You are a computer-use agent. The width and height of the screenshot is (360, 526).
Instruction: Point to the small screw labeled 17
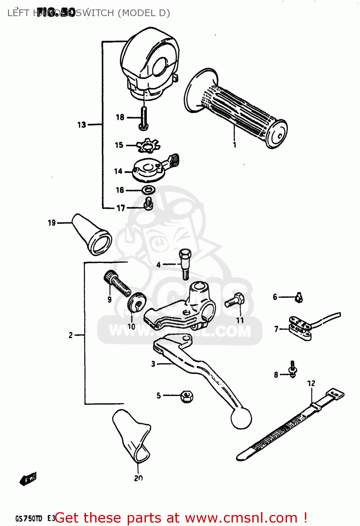[x=149, y=203]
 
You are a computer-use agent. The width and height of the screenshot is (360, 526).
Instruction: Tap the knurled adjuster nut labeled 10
[x=136, y=302]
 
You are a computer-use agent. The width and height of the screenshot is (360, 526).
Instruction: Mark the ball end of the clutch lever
[x=241, y=418]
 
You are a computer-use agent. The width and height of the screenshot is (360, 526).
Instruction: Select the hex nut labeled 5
[x=187, y=397]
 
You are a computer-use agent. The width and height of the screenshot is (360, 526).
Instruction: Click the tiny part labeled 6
[x=299, y=298]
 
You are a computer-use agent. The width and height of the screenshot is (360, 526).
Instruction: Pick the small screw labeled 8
[x=292, y=369]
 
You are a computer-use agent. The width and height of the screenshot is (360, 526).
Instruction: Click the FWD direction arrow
[x=28, y=479]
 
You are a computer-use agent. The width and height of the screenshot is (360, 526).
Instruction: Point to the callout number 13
[x=81, y=125]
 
